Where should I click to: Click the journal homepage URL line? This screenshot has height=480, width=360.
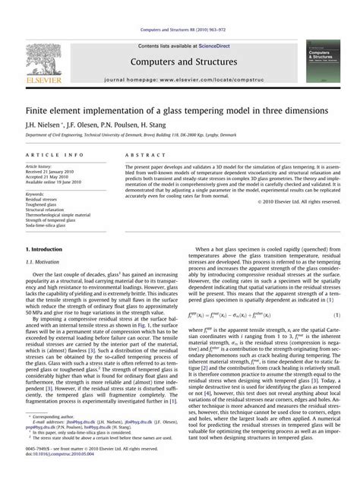pos(180,78)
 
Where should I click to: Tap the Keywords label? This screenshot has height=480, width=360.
pos(37,193)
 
